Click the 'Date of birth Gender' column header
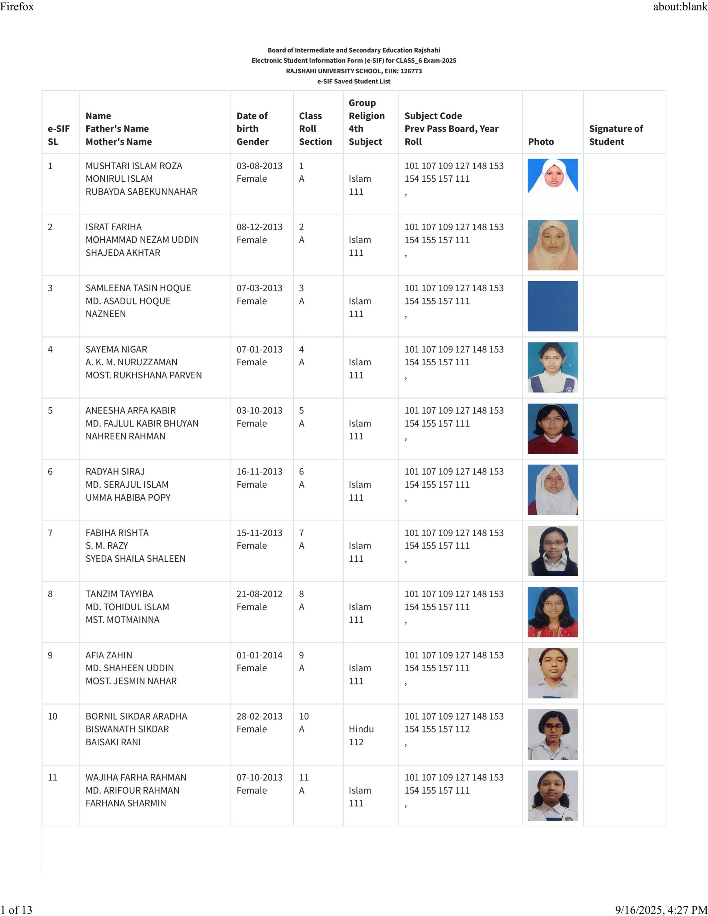tap(252, 128)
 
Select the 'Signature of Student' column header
tap(616, 135)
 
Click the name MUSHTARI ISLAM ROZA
tap(134, 166)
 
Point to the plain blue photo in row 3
tap(552, 306)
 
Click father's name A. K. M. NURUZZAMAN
tap(131, 362)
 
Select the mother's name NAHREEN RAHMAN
tap(125, 436)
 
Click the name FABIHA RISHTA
tap(117, 533)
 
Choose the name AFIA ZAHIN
tap(109, 655)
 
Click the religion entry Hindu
tap(361, 729)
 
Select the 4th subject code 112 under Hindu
tap(356, 742)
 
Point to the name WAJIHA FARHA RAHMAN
tap(136, 777)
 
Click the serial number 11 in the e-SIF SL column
tap(53, 777)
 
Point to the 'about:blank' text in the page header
tap(680, 7)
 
